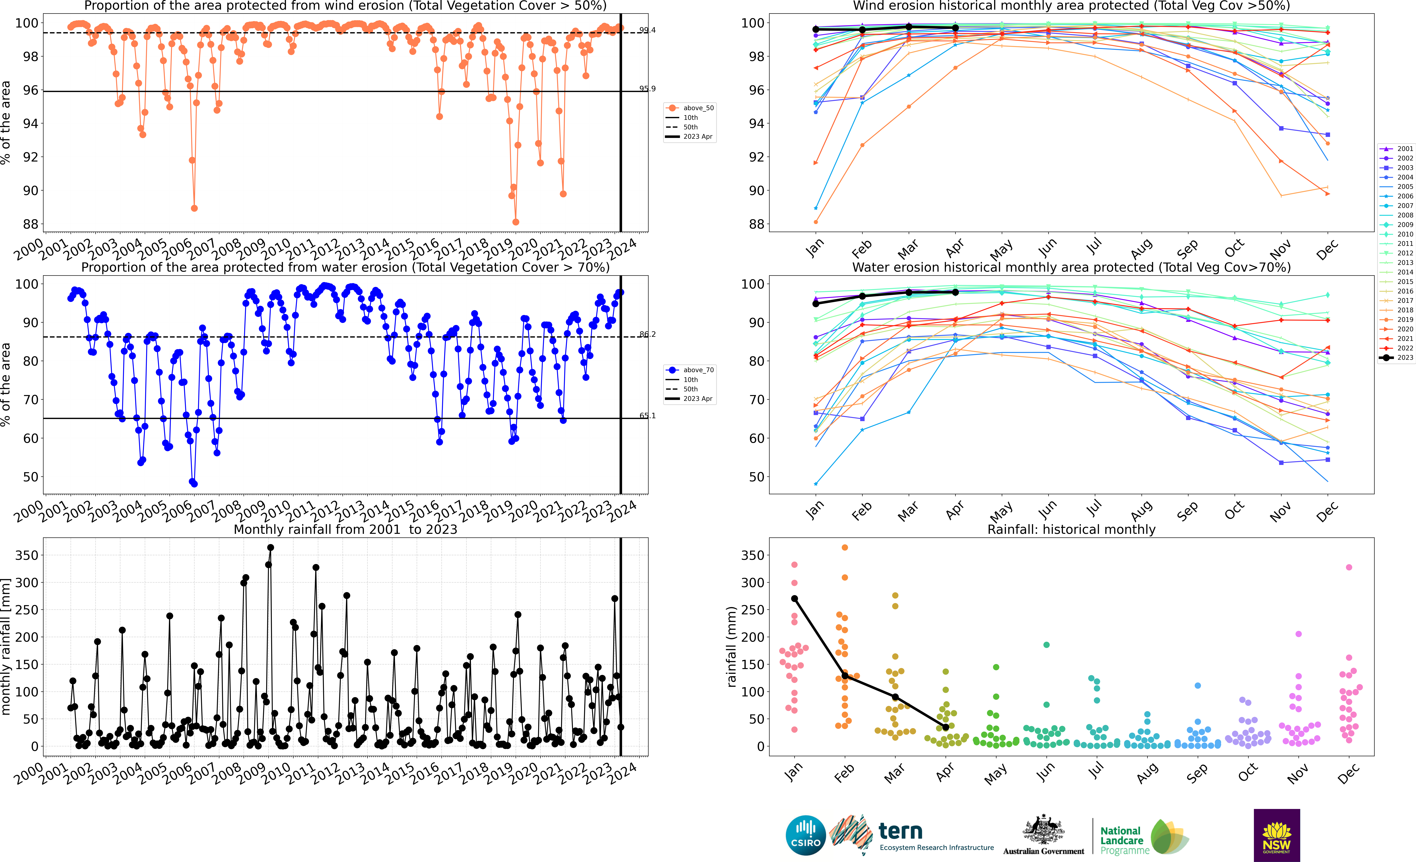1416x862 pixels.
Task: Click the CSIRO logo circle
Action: [806, 835]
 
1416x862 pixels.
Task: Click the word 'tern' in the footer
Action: [901, 831]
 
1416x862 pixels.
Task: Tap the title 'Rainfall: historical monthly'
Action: [1071, 529]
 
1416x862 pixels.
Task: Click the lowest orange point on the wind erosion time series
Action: [516, 222]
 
